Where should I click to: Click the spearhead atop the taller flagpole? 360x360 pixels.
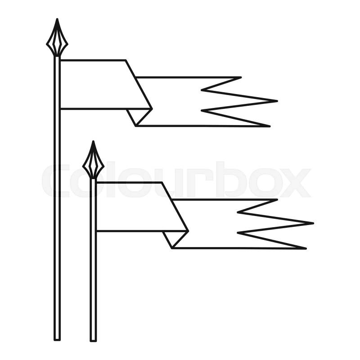[57, 39]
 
